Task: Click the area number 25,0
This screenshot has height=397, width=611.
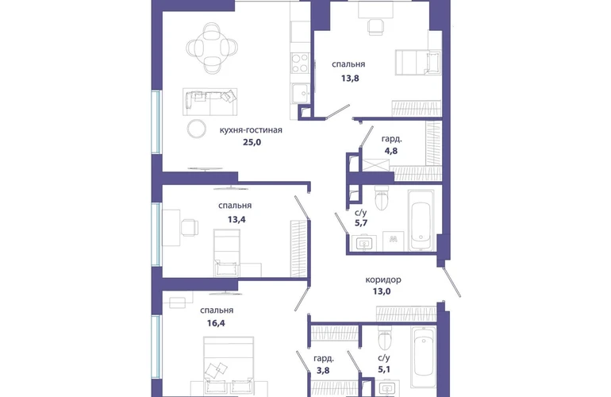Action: coord(252,142)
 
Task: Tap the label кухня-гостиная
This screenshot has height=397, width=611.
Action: coord(251,130)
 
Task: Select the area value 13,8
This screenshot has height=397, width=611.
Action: coord(350,78)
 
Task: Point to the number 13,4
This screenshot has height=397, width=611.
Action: coord(236,219)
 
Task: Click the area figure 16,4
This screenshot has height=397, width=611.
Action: coord(216,323)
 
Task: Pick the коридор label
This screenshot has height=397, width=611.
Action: coord(383,279)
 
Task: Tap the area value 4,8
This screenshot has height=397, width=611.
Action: coord(391,151)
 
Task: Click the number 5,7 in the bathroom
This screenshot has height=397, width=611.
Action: coord(361,222)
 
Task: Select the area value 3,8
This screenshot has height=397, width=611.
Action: coord(323,370)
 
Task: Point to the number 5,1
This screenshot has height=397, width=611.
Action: coord(384,369)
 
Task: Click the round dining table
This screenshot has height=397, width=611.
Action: coord(212,48)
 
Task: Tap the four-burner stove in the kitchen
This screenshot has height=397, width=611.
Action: coord(300,64)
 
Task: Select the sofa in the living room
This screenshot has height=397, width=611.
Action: coord(210,102)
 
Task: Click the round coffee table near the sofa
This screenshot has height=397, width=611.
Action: coord(197,129)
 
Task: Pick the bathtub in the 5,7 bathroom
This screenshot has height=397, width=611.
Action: coord(421,220)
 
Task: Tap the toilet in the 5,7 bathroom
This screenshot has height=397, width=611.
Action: coord(381,198)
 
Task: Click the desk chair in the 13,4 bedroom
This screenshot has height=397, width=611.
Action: coord(190,228)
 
